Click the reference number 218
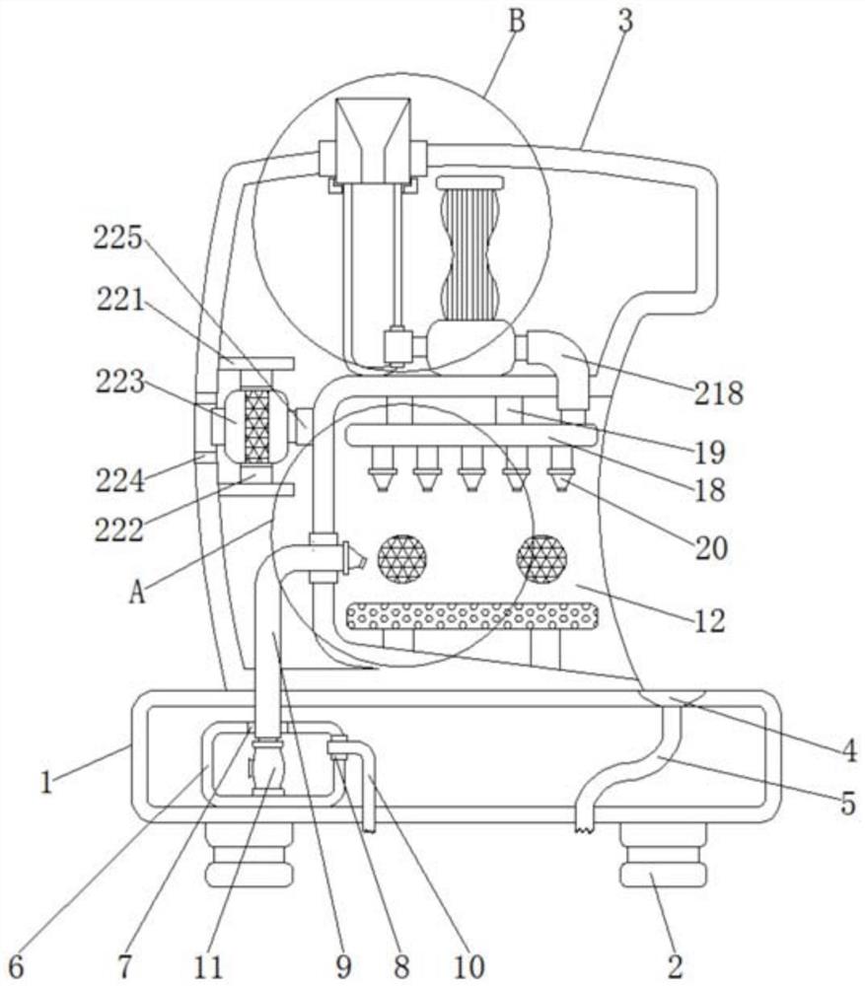click(x=718, y=393)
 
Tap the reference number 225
click(x=118, y=239)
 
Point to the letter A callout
click(x=136, y=592)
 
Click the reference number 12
click(x=710, y=620)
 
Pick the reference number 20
click(x=711, y=548)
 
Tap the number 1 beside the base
click(x=46, y=783)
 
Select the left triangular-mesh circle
click(x=402, y=559)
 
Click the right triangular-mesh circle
click(x=541, y=559)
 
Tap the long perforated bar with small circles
click(x=471, y=616)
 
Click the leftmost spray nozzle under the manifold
click(x=383, y=468)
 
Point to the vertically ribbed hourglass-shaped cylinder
click(x=469, y=249)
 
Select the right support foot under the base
click(x=663, y=856)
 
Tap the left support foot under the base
click(x=250, y=856)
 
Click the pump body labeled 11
click(x=267, y=766)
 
